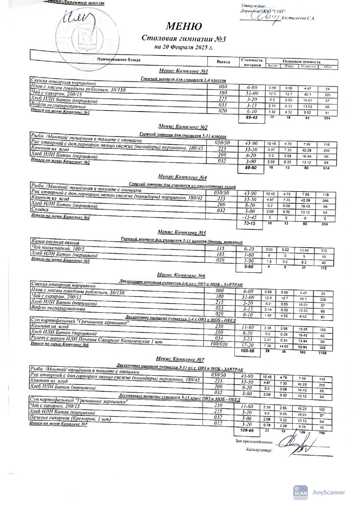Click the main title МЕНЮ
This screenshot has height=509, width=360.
[x=183, y=27]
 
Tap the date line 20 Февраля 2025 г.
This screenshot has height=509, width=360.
[x=183, y=47]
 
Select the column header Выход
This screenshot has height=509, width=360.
[x=223, y=62]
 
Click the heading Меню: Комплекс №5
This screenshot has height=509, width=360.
[x=182, y=232]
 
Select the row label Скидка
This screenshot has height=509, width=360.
[x=40, y=210]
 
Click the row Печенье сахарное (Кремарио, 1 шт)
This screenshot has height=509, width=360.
[x=70, y=419]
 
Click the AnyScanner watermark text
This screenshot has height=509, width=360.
[x=329, y=492]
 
